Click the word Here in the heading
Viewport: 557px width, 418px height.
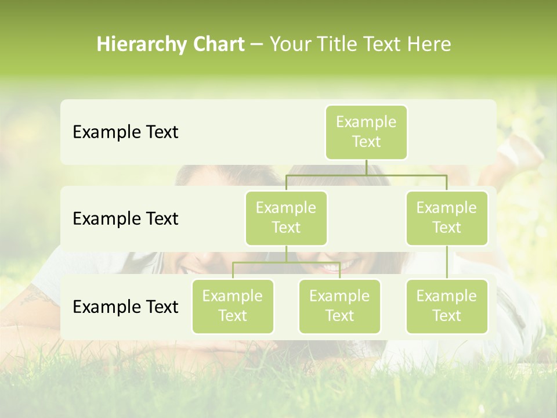[x=429, y=45]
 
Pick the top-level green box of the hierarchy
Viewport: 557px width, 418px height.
[x=366, y=132]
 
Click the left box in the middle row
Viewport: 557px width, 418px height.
[x=286, y=218]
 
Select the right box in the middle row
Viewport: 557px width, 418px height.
[x=447, y=218]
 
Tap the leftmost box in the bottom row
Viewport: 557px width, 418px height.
[x=233, y=307]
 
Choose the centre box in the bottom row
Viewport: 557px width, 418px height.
[x=339, y=307]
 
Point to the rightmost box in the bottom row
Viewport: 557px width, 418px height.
[x=447, y=307]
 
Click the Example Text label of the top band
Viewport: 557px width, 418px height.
[x=125, y=132]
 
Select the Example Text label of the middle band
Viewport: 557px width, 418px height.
[x=125, y=219]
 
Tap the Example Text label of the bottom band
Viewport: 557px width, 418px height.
[x=125, y=307]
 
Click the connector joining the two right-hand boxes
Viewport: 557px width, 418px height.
[x=447, y=262]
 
